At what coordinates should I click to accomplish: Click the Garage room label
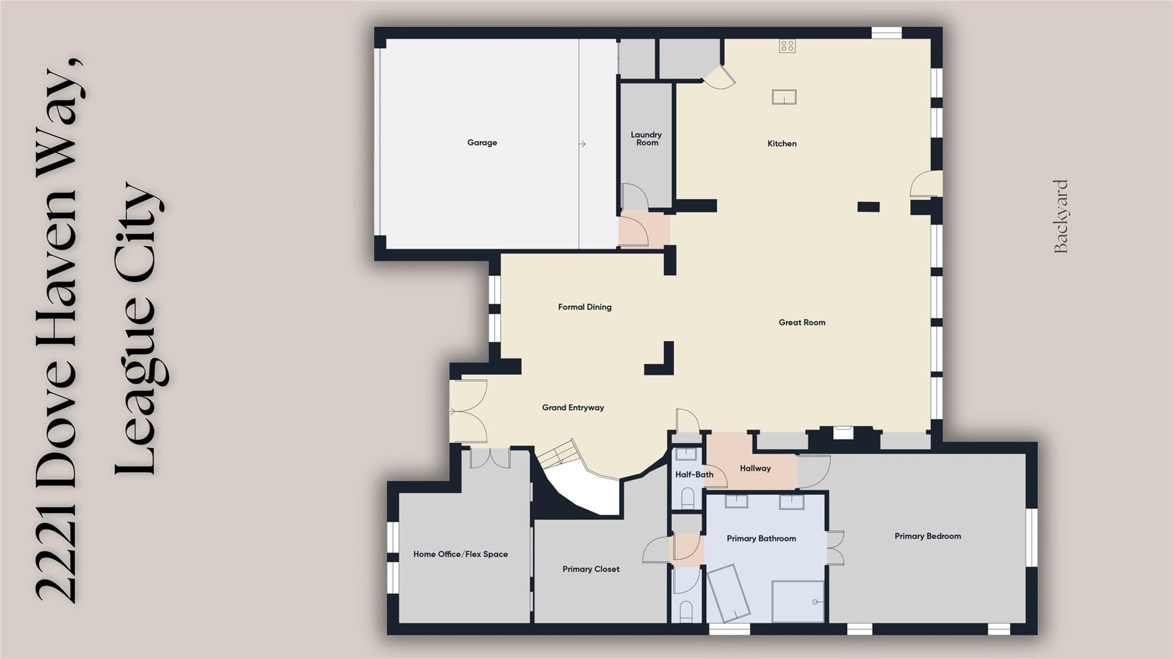coord(482,143)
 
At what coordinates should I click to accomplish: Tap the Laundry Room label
coord(647,139)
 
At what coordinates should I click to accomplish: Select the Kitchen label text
coord(782,144)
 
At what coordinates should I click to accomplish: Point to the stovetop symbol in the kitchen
coord(787,46)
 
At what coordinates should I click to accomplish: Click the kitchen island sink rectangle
coord(784,97)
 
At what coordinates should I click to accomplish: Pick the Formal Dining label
coord(585,307)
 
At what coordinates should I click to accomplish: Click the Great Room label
coord(802,322)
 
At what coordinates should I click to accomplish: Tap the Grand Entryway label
coord(573,408)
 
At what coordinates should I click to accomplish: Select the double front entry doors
coord(468,411)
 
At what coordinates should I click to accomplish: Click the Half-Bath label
coord(694,475)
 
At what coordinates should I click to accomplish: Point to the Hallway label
coord(755,468)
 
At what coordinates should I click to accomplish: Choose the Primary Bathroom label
coord(761,539)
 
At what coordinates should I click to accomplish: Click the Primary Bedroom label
coord(928,536)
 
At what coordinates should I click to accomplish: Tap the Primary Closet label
coord(591,569)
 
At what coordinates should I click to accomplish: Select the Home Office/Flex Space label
coord(460,554)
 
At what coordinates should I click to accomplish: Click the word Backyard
coord(1061,216)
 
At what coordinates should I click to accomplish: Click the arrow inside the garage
coord(582,144)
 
